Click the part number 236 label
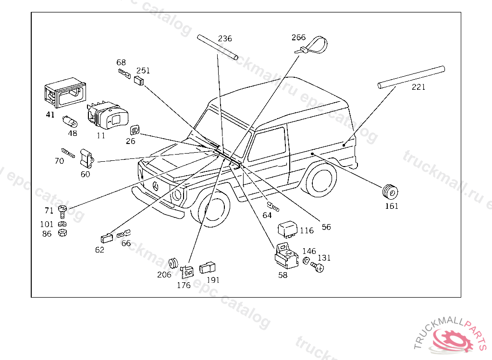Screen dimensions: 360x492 [x=225, y=39]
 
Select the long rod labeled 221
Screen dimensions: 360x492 [x=411, y=77]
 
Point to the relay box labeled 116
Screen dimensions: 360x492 [x=288, y=228]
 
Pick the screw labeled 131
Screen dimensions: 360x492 [x=318, y=266]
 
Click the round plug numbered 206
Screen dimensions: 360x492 [x=173, y=264]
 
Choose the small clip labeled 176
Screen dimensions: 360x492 [x=186, y=272]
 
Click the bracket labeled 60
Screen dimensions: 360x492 [x=86, y=158]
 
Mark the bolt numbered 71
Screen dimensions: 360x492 [x=62, y=211]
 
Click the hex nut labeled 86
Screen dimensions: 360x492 [x=61, y=233]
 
